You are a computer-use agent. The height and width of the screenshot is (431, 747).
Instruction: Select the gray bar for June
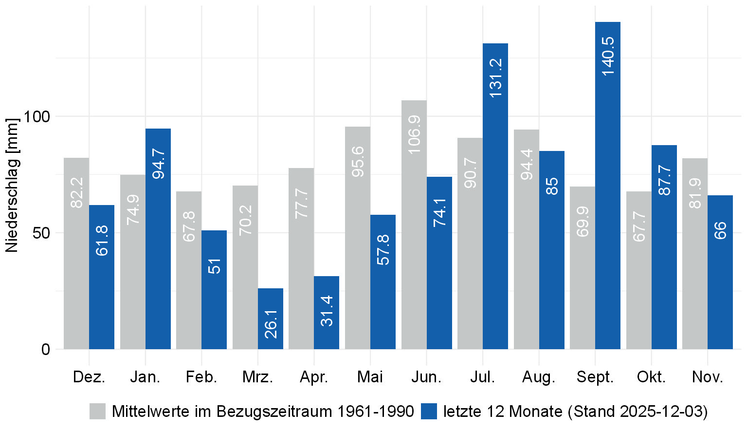tap(414, 225)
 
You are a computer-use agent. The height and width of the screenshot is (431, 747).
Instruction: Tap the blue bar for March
tap(271, 319)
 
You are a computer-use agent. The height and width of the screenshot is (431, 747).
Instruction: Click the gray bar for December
tap(76, 253)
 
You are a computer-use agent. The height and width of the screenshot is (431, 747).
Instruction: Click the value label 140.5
tap(608, 56)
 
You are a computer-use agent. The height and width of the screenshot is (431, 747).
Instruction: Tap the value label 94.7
tap(158, 164)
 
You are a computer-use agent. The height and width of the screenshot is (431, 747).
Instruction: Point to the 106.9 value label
tap(414, 134)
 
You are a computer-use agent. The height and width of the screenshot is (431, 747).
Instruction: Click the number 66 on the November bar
tap(720, 230)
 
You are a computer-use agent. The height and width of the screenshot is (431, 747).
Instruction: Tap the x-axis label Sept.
tap(595, 377)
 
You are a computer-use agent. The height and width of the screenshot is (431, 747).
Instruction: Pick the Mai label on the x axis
tap(370, 377)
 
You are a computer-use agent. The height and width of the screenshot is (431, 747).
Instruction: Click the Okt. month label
tap(651, 377)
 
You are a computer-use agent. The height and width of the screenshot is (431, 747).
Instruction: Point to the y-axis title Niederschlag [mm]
tap(12, 185)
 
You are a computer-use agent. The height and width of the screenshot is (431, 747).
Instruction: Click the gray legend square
tap(97, 411)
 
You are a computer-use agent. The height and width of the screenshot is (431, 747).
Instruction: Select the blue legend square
tap(429, 411)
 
